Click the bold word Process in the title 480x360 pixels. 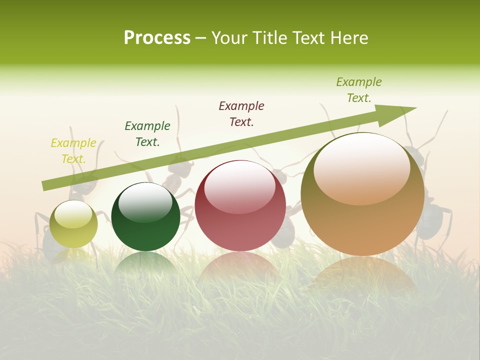tap(157, 38)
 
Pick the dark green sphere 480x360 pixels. tap(145, 225)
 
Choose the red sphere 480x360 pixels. tap(240, 220)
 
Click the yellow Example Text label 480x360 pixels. tap(73, 151)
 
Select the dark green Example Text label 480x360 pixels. tap(147, 134)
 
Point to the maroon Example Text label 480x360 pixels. tap(241, 113)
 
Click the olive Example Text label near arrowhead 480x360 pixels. tap(359, 90)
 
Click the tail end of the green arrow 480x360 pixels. tap(46, 186)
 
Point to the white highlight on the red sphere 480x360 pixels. tap(239, 186)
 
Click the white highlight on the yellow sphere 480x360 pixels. tap(73, 214)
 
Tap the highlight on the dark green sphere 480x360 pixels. tap(145, 202)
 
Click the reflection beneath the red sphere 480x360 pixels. tap(240, 265)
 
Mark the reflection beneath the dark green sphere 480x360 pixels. tap(145, 262)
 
